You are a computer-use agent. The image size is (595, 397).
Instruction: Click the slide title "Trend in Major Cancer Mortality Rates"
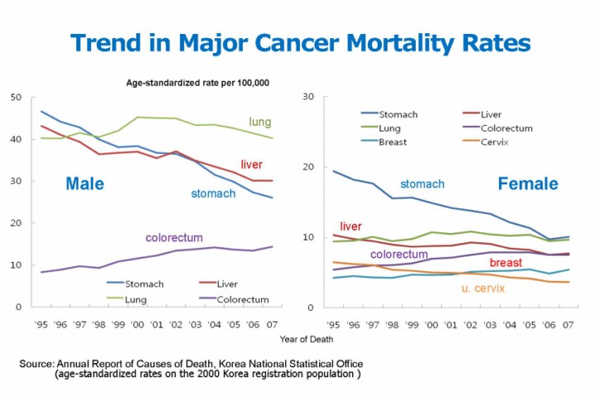[300, 43]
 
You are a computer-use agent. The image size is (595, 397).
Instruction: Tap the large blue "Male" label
[84, 184]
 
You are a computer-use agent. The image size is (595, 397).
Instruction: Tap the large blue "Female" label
[527, 184]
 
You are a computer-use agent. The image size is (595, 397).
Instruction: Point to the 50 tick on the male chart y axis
[16, 98]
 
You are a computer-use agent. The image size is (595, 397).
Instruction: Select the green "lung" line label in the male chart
[260, 122]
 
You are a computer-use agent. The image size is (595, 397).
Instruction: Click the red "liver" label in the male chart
[251, 165]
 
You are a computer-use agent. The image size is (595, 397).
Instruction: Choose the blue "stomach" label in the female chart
[422, 184]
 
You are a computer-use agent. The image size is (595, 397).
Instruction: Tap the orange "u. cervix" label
[483, 289]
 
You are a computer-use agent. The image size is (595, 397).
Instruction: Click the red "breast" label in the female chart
[506, 263]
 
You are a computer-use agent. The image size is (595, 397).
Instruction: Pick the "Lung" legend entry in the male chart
[137, 299]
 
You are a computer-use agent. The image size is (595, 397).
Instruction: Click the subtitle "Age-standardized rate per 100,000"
[198, 83]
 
